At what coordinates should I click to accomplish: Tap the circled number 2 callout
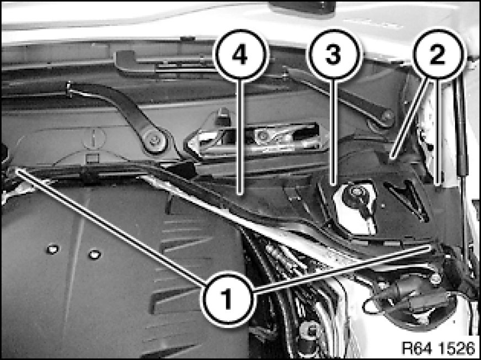[x=438, y=55]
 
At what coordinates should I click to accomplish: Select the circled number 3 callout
[x=333, y=55]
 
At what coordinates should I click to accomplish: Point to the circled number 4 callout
[x=240, y=55]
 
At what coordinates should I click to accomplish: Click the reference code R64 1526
[x=439, y=347]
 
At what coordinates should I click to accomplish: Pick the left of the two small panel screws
[x=52, y=249]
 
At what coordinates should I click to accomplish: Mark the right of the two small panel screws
[x=94, y=254]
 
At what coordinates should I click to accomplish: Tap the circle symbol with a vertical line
[x=94, y=138]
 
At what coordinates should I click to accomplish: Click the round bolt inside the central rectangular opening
[x=261, y=135]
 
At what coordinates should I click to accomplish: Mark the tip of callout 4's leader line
[x=240, y=194]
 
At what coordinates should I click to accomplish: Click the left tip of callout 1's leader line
[x=17, y=170]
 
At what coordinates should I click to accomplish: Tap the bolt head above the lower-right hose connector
[x=435, y=278]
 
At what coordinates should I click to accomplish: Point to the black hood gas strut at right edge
[x=463, y=129]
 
